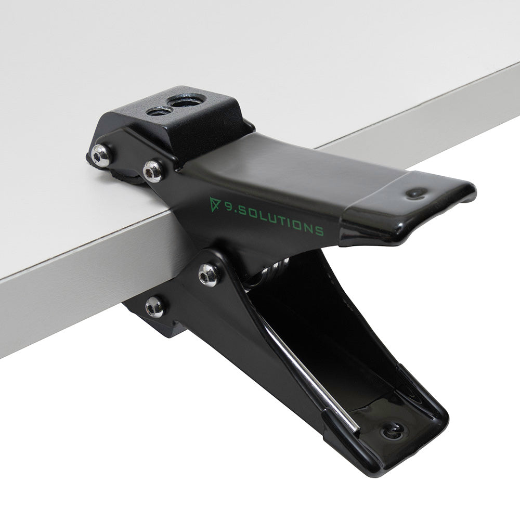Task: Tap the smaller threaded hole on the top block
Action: pyautogui.click(x=159, y=110)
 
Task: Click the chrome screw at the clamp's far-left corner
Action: pyautogui.click(x=101, y=154)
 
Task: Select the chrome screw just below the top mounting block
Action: pyautogui.click(x=153, y=171)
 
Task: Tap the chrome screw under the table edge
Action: pyautogui.click(x=154, y=307)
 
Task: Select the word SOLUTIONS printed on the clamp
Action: pyautogui.click(x=281, y=219)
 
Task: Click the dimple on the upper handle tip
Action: pyautogui.click(x=416, y=193)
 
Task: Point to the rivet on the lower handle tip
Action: pyautogui.click(x=391, y=430)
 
